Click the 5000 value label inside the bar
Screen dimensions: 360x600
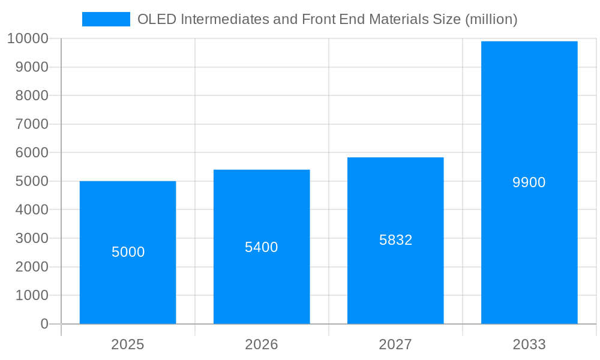128,252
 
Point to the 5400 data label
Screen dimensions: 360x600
262,247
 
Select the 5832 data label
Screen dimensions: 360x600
396,240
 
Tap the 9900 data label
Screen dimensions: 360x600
529,182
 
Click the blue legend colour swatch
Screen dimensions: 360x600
106,19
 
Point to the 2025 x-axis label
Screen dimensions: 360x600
128,344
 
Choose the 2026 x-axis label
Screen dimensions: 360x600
262,344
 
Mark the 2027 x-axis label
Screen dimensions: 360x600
395,344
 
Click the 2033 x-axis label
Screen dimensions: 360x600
529,344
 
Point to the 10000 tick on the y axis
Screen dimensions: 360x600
28,39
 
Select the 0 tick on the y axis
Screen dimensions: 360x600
44,324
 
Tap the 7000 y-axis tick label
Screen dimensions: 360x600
31,124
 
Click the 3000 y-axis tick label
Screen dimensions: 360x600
31,238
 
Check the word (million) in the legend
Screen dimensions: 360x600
491,19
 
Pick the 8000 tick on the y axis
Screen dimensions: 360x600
31,96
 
